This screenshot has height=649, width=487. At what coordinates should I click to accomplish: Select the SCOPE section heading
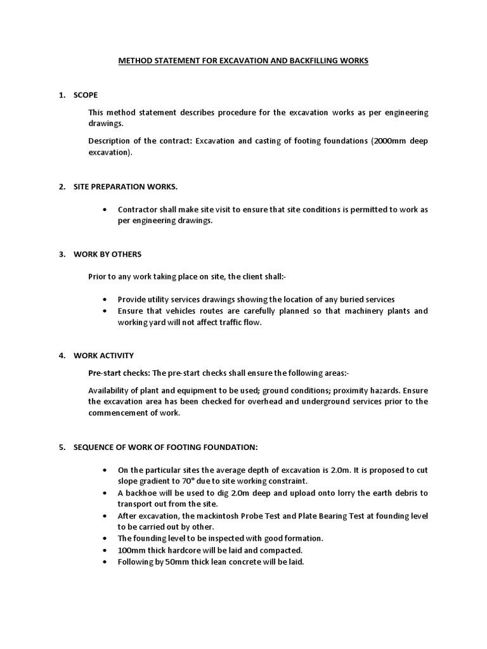pyautogui.click(x=86, y=95)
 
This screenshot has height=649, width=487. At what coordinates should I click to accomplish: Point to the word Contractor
pyautogui.click(x=140, y=209)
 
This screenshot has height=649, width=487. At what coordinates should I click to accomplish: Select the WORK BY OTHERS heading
pyautogui.click(x=108, y=254)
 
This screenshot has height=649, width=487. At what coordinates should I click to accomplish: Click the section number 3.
pyautogui.click(x=62, y=254)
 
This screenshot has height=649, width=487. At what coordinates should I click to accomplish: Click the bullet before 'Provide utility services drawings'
pyautogui.click(x=104, y=300)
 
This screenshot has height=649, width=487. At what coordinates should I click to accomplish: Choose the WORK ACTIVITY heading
pyautogui.click(x=104, y=356)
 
